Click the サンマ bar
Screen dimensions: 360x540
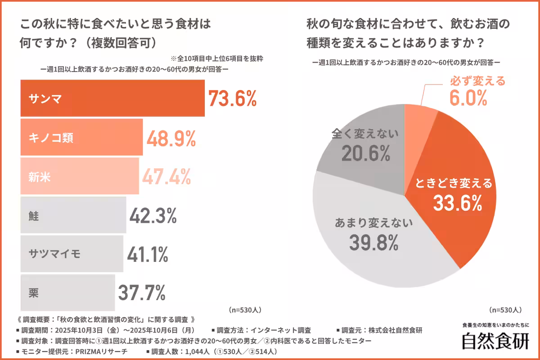pos(112,98)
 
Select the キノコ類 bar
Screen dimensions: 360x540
pos(81,137)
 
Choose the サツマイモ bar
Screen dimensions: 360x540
pos(72,253)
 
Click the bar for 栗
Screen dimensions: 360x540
pos(67,293)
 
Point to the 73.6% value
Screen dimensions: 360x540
pos(232,98)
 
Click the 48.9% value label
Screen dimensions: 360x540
pos(171,138)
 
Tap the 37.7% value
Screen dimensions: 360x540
pos(142,293)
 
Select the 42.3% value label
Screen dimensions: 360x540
pos(153,216)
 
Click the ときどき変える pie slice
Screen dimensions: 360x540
pos(454,180)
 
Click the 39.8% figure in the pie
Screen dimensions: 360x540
pos(373,243)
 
